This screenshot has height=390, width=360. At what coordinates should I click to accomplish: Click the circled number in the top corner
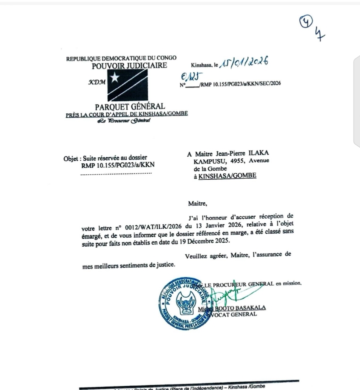[x=304, y=22]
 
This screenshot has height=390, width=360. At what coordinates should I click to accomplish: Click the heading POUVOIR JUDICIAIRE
[x=129, y=66]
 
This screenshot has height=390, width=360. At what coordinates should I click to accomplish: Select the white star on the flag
[x=114, y=78]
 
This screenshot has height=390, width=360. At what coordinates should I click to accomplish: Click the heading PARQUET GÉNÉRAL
[x=129, y=106]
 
